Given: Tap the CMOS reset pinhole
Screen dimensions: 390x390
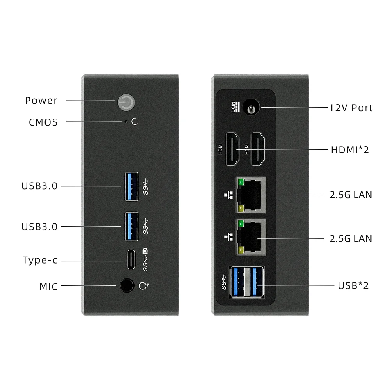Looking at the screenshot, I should click(x=126, y=122).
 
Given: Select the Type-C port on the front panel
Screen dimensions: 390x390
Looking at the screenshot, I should click(x=131, y=259).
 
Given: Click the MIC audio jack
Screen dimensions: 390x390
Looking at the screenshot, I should click(x=126, y=286).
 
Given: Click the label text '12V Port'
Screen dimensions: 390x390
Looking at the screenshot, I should click(x=351, y=108).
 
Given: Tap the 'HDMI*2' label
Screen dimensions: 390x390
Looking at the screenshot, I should click(x=350, y=149).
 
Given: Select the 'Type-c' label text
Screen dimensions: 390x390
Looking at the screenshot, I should click(x=40, y=260).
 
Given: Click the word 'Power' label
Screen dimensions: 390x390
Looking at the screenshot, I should click(x=41, y=101).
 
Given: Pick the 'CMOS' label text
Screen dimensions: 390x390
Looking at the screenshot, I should click(x=43, y=122).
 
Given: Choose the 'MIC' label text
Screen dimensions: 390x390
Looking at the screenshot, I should click(x=48, y=287).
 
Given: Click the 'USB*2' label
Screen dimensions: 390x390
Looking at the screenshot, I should click(x=353, y=285).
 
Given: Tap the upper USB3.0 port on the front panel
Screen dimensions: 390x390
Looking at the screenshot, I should click(x=131, y=186).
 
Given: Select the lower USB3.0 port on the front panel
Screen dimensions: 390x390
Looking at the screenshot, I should click(x=131, y=226).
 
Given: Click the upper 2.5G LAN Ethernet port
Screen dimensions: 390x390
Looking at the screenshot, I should click(x=251, y=195).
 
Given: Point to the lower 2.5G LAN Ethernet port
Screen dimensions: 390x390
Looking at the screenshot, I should click(x=251, y=237).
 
